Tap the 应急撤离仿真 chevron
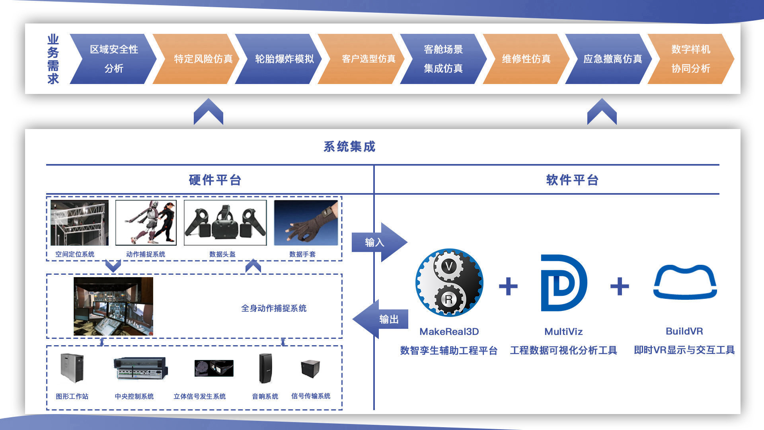pos(609,59)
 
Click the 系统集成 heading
pos(349,147)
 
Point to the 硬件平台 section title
pos(215,180)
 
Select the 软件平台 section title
pos(572,180)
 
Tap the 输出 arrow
pos(380,319)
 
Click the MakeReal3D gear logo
pos(449,283)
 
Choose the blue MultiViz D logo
pos(563,283)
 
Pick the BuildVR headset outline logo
pos(685,282)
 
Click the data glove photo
pos(306,223)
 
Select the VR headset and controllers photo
pos(225,223)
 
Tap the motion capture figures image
pos(146,223)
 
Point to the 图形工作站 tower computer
pos(72,368)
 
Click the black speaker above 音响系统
pos(265,368)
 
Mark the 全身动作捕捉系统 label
pos(274,308)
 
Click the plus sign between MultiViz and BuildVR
pos(620,286)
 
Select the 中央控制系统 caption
pos(134,397)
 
